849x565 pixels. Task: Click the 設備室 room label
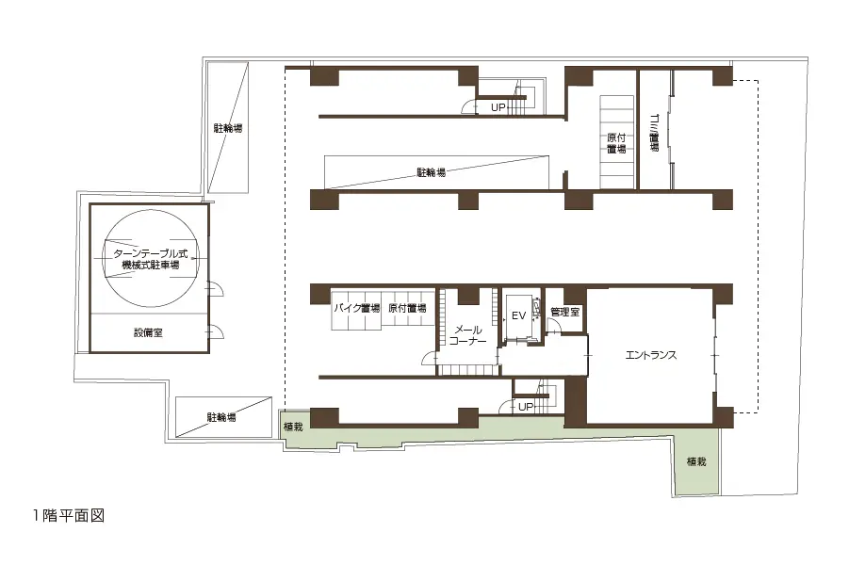(148, 332)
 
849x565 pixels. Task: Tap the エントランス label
(651, 355)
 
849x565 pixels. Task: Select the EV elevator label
(518, 315)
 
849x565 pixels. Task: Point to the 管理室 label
(564, 312)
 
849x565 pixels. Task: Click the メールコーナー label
(467, 335)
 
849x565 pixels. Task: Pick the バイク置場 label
(356, 309)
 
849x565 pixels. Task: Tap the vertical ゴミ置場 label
(654, 133)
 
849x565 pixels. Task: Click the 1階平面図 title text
(68, 516)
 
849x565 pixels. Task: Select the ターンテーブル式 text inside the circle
(151, 254)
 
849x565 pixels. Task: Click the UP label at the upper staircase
(498, 107)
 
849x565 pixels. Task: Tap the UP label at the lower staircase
(526, 407)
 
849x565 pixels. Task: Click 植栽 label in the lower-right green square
(696, 461)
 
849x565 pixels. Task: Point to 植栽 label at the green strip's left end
(293, 427)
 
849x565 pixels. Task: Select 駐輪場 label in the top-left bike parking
(228, 128)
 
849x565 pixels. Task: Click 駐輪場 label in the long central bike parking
(431, 172)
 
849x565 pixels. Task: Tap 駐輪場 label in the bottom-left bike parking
(221, 417)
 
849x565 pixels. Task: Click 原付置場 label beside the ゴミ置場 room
(616, 143)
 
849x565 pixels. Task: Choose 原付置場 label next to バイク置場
(407, 309)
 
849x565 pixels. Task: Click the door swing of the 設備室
(217, 331)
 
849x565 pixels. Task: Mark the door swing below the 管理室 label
(554, 326)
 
